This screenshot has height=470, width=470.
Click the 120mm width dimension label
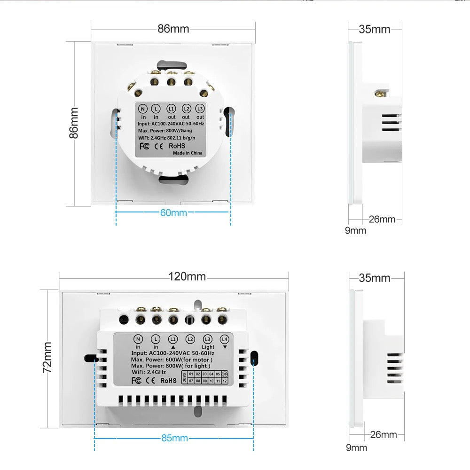pyautogui.click(x=187, y=276)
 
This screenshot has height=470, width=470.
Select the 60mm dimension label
pyautogui.click(x=173, y=212)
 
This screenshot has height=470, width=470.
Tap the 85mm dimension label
pyautogui.click(x=174, y=438)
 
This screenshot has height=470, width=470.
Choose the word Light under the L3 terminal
pyautogui.click(x=208, y=347)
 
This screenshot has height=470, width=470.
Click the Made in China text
pyautogui.click(x=188, y=153)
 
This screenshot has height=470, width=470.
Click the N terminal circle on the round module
pyautogui.click(x=143, y=108)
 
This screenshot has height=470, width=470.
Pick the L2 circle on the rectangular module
pyautogui.click(x=190, y=338)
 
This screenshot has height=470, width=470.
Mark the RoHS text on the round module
pyautogui.click(x=177, y=146)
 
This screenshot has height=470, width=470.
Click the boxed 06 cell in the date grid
pyautogui.click(x=225, y=374)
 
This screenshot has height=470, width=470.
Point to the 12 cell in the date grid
pyautogui.click(x=225, y=381)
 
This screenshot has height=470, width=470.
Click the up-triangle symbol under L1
pyautogui.click(x=173, y=347)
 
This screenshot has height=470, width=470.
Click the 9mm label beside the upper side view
pyautogui.click(x=356, y=230)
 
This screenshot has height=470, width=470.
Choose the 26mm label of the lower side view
pyautogui.click(x=383, y=435)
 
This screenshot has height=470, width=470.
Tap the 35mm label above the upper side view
pyautogui.click(x=375, y=29)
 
